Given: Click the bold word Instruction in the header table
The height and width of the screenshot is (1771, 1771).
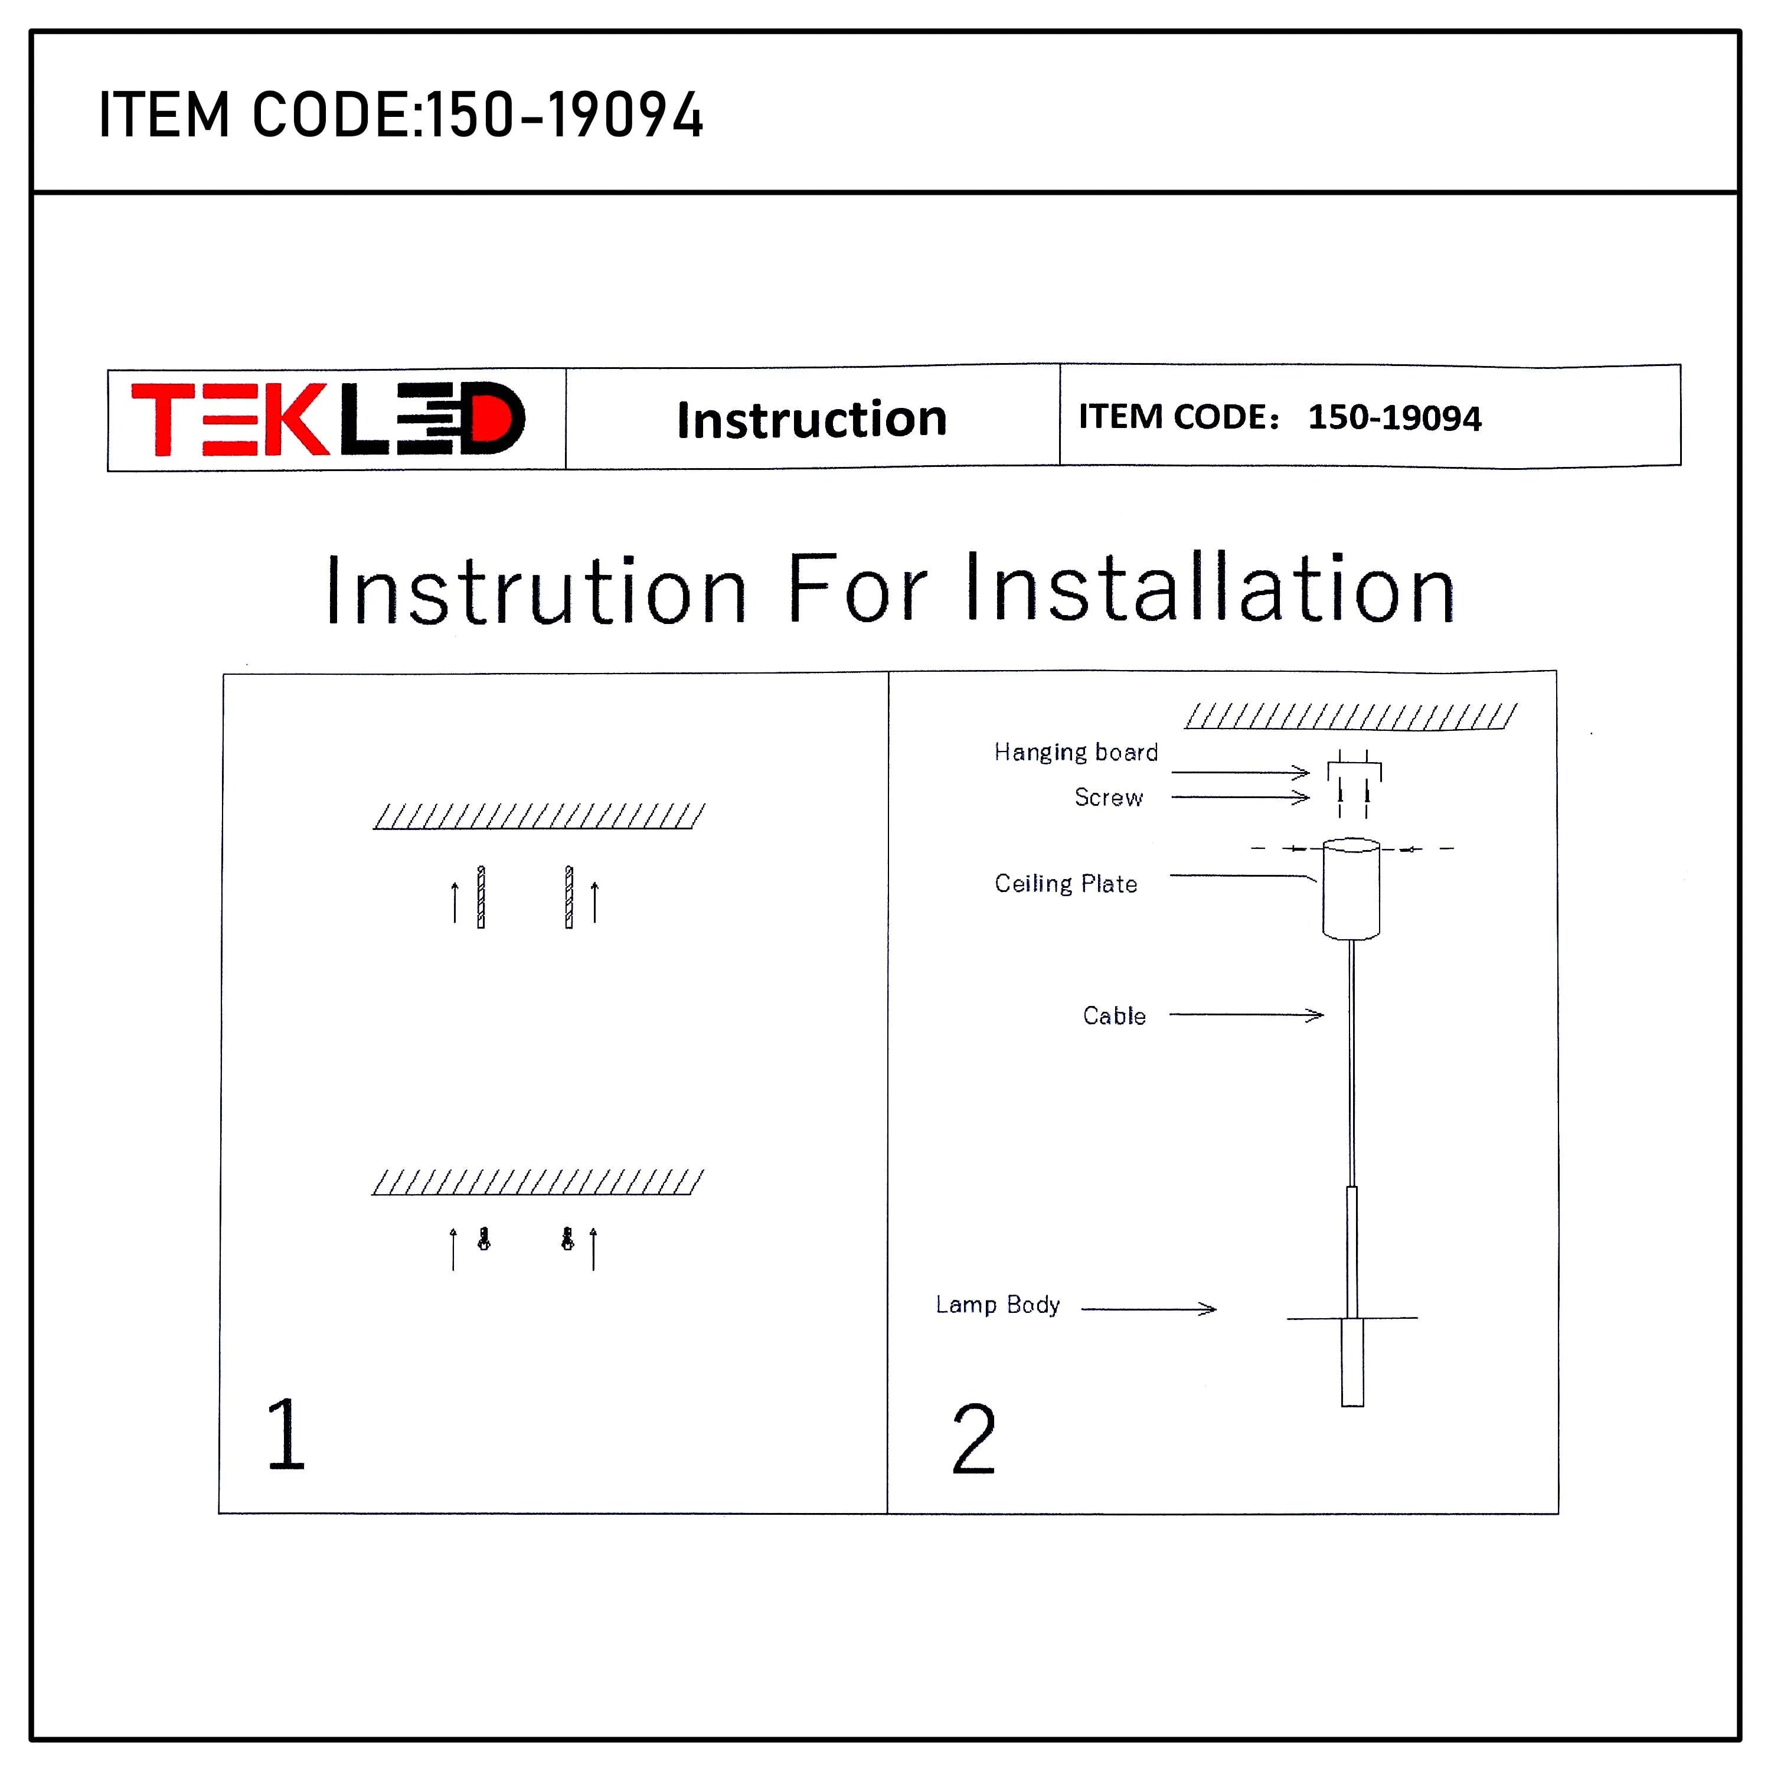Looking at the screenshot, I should coord(811,419).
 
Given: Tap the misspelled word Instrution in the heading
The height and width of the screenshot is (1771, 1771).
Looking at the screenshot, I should coord(536,592).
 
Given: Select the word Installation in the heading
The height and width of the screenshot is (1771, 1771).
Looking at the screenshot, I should coord(1210,589).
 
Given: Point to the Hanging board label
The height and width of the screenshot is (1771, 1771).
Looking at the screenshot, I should coord(1075,753).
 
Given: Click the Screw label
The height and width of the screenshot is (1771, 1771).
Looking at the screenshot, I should coord(1108,798).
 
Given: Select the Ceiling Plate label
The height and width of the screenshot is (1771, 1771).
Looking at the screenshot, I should coord(1065,884).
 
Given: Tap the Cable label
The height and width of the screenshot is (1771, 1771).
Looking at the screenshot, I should coord(1114,1015).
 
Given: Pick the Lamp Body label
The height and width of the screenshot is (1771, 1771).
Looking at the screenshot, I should coord(997,1305).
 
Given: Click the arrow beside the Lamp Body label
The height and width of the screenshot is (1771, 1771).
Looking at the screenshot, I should coord(1149,1309).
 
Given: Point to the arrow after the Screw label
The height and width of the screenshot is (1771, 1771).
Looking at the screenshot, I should coord(1239,798).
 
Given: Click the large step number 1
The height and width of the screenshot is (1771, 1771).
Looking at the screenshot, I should coord(285,1435).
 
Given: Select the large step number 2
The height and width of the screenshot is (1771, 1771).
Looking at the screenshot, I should coord(973,1440).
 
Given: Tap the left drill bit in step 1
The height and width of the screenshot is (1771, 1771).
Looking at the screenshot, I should coord(481,897).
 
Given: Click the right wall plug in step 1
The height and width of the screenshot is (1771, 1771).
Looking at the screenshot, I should coord(567,1239).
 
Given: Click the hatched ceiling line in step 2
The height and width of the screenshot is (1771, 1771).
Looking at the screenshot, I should coord(1350,717).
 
